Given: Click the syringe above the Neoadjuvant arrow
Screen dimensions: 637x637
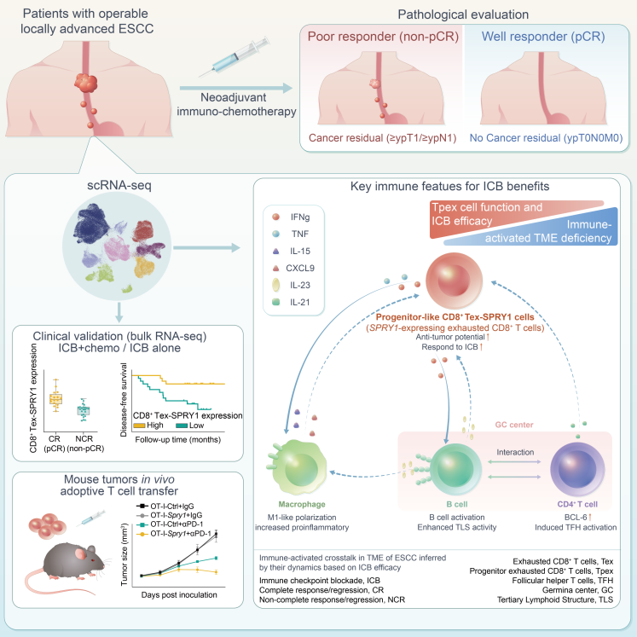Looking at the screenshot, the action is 235,57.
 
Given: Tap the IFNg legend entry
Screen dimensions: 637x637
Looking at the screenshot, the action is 292,217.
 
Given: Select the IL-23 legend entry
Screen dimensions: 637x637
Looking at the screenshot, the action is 292,285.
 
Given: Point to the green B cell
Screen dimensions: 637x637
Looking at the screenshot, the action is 456,468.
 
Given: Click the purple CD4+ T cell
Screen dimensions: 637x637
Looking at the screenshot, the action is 577,469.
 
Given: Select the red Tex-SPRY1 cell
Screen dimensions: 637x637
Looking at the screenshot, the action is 454,281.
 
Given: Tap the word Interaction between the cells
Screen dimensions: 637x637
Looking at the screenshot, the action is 515,452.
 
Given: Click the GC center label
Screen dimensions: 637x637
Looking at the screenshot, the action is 514,425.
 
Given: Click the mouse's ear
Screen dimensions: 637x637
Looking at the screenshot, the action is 81,554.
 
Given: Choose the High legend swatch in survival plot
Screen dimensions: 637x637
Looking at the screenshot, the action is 139,426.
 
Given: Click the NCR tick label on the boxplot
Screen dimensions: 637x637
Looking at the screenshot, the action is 84,439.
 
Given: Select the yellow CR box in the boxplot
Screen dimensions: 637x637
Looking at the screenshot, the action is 55,399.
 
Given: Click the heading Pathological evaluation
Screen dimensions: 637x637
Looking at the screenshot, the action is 463,14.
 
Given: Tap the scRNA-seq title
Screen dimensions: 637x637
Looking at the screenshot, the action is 119,185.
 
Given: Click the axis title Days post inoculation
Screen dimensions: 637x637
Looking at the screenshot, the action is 179,594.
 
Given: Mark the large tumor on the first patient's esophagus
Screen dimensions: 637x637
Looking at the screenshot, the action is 86,83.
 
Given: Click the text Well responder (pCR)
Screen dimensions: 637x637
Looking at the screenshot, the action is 543,37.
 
